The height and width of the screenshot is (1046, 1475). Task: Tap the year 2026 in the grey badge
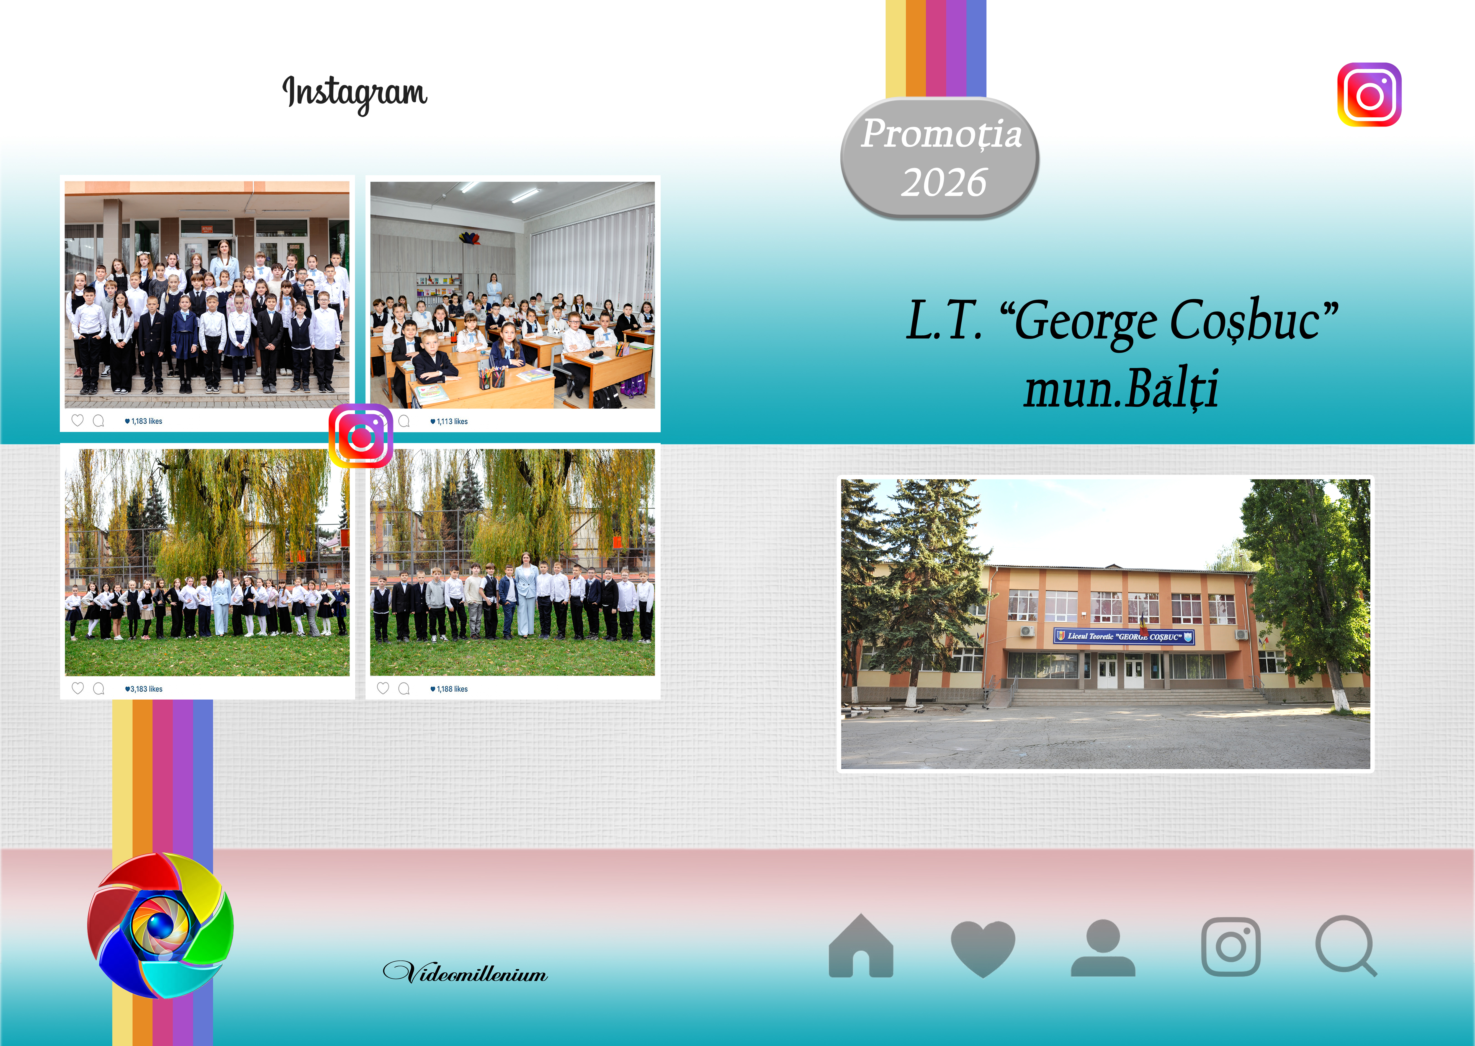pos(943,182)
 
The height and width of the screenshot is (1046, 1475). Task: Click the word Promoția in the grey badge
pos(941,134)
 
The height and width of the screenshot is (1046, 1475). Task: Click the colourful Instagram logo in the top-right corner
pos(1369,95)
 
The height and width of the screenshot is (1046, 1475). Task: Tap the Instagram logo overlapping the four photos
pos(361,436)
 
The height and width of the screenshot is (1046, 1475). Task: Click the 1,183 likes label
pos(144,421)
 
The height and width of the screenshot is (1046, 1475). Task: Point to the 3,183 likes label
pos(144,689)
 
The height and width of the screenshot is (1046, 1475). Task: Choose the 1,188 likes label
pos(449,689)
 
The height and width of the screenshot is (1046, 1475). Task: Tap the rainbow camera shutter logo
pos(160,926)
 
